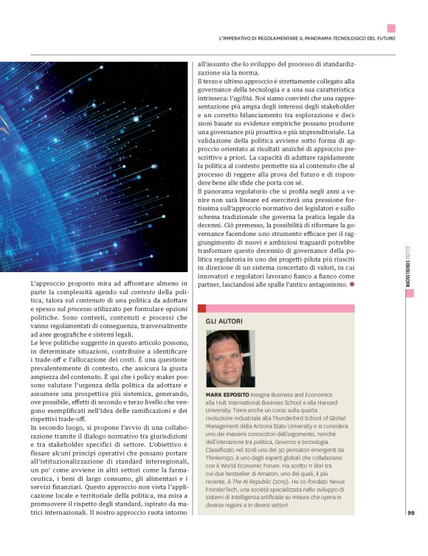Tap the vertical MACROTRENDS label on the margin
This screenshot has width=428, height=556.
(408, 266)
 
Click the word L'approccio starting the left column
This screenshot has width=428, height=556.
(45, 283)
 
